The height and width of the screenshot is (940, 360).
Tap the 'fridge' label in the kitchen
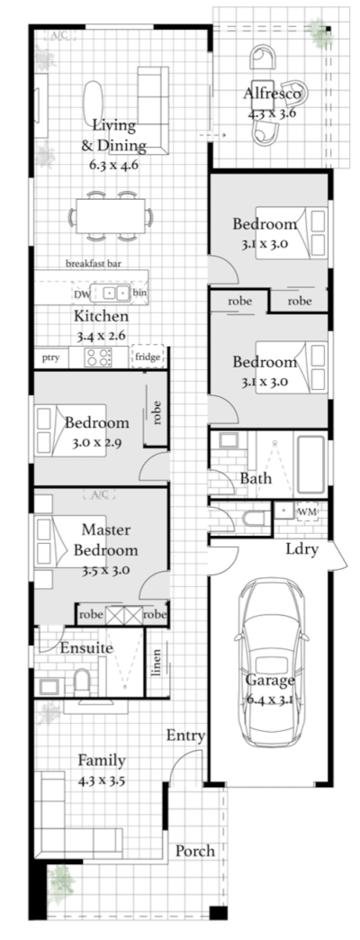(148, 357)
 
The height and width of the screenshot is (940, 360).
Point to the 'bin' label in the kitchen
(139, 293)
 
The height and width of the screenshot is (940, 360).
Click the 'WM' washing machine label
(307, 512)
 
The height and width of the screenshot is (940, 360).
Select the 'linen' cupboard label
(157, 662)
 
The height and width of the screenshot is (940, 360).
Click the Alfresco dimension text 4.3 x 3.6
(272, 112)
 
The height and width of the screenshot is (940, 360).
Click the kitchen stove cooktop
(98, 357)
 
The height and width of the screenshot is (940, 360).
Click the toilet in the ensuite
(82, 682)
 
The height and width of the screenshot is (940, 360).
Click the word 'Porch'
(195, 851)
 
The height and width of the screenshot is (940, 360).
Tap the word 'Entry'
(185, 736)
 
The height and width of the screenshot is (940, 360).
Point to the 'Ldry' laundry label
(301, 548)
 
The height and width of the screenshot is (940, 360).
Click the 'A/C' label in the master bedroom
(101, 494)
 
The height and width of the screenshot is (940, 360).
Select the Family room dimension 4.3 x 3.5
(102, 782)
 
